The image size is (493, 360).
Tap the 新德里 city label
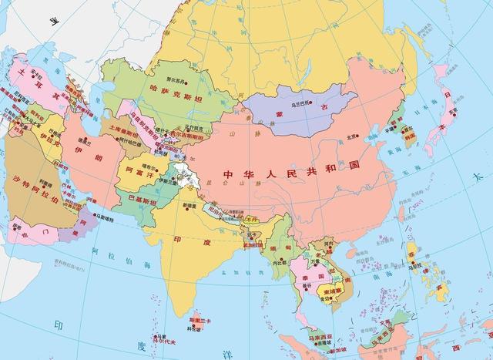[189, 207]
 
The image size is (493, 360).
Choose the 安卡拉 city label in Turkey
[35, 76]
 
